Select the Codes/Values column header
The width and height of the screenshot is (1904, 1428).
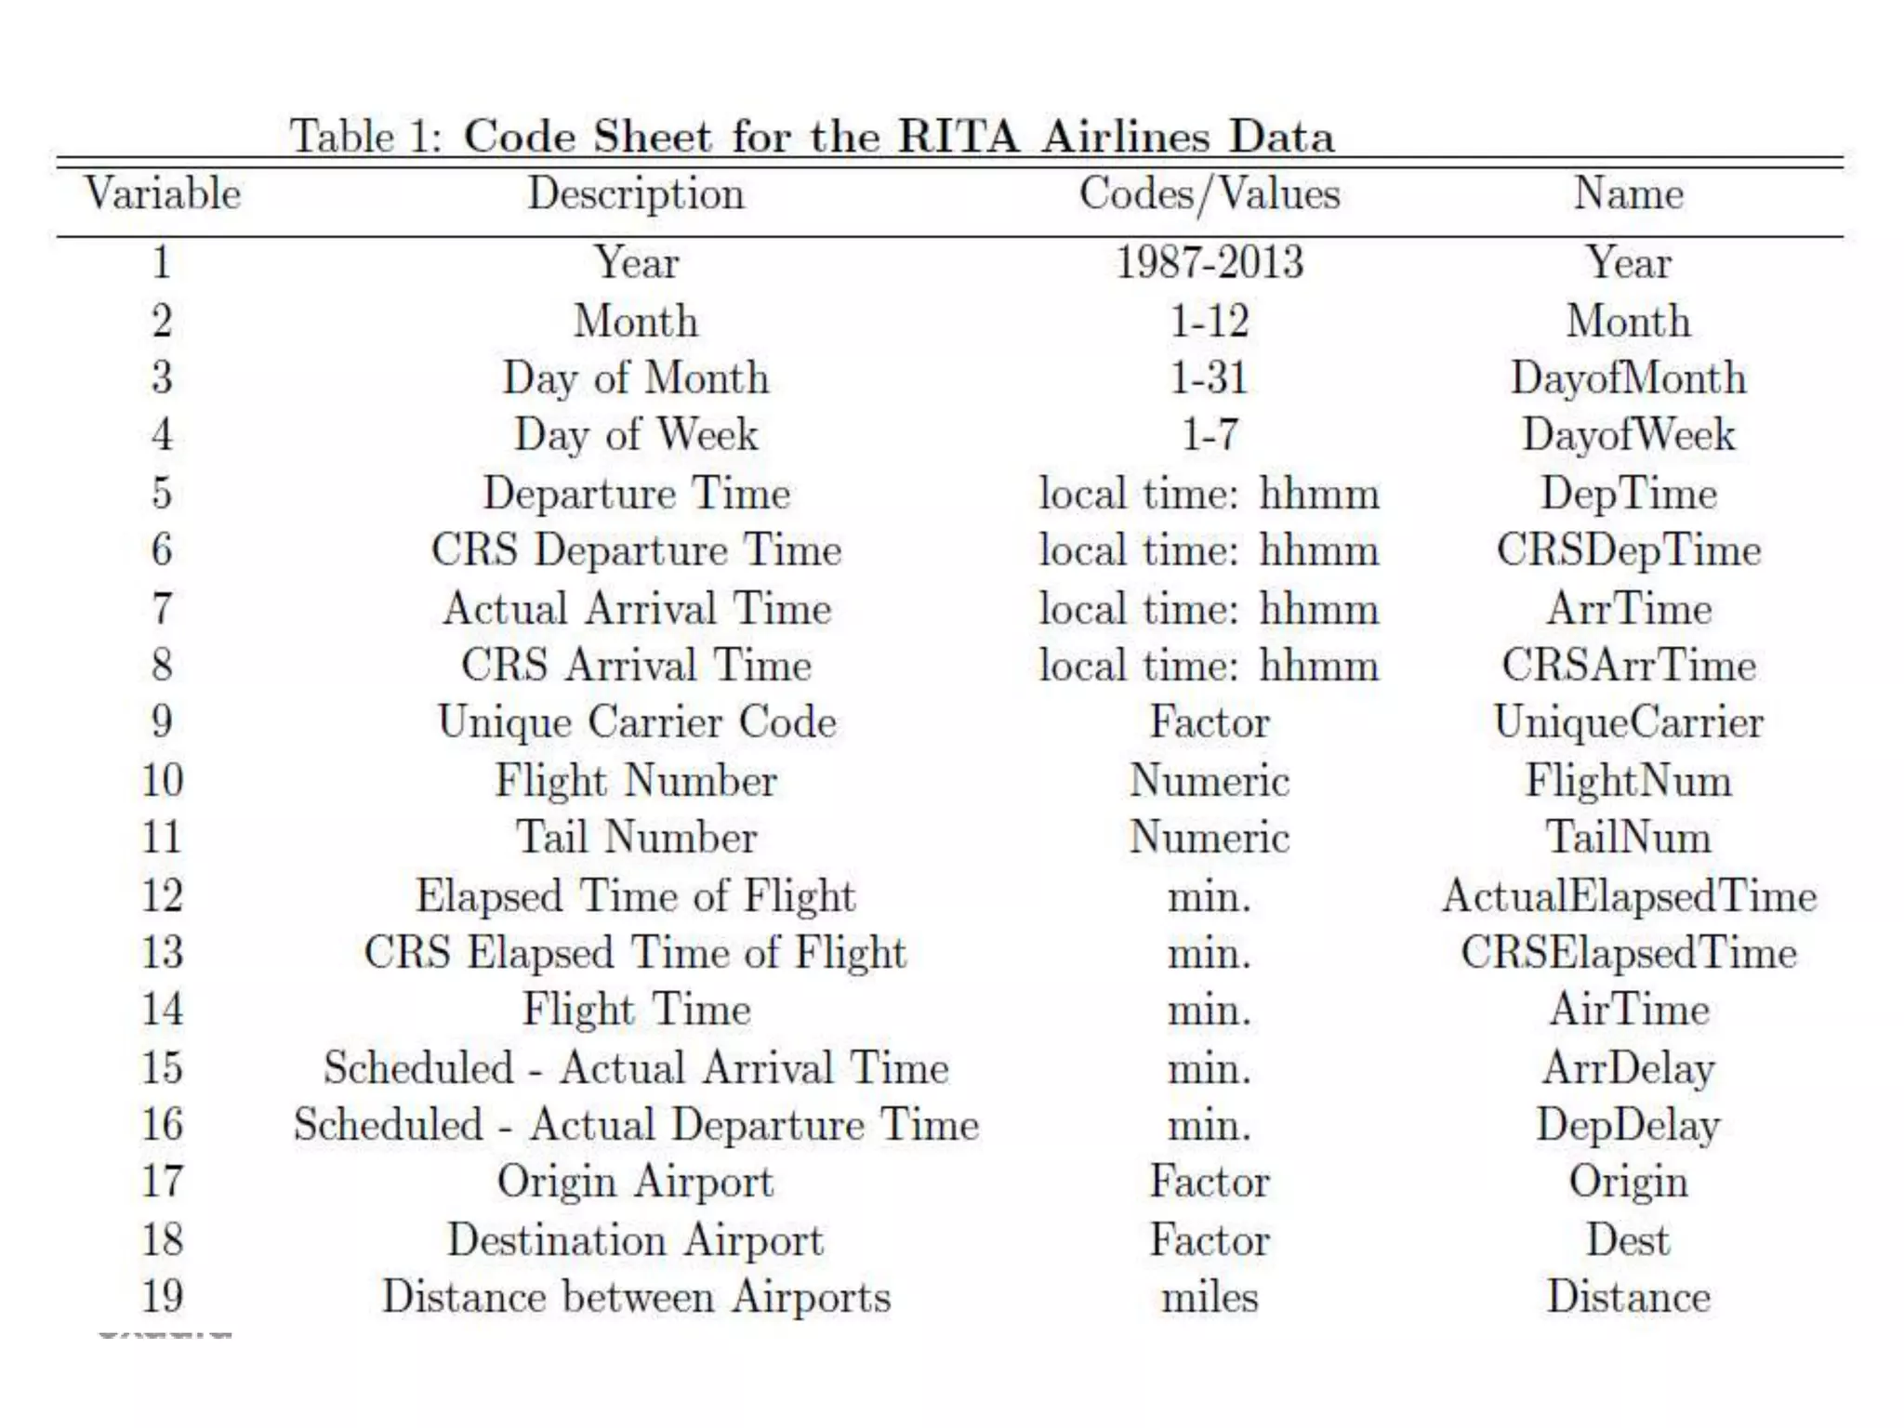click(x=1209, y=194)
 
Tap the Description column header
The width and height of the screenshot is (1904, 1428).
click(x=636, y=194)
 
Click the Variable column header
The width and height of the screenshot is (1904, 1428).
click(x=163, y=194)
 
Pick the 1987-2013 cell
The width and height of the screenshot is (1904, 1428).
click(x=1209, y=262)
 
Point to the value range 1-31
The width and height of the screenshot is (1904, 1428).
click(x=1209, y=378)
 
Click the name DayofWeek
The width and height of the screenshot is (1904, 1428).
click(x=1628, y=435)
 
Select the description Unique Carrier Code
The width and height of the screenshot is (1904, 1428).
click(x=636, y=722)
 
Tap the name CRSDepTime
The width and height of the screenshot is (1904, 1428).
click(x=1628, y=550)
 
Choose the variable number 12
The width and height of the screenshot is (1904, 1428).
click(x=163, y=895)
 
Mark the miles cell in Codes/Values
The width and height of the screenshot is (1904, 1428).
click(x=1209, y=1297)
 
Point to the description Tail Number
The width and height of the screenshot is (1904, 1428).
click(x=636, y=837)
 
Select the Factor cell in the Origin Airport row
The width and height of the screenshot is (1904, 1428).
click(x=1209, y=1182)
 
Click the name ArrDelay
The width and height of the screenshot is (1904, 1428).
click(x=1628, y=1068)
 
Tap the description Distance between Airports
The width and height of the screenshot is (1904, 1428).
click(x=636, y=1297)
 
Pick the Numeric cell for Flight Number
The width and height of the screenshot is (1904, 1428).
click(x=1209, y=780)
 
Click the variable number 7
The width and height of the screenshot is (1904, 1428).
click(x=163, y=608)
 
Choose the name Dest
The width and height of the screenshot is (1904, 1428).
click(x=1628, y=1239)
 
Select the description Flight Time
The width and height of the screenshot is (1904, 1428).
click(x=636, y=1010)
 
